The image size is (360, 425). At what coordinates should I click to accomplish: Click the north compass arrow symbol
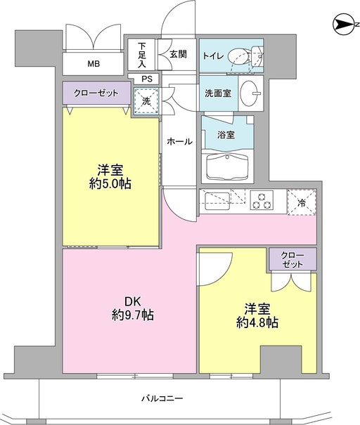click(342, 25)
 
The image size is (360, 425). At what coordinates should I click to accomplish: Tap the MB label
click(94, 64)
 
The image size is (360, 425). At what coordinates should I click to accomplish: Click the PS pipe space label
click(147, 79)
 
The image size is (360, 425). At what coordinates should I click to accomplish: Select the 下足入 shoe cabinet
click(141, 55)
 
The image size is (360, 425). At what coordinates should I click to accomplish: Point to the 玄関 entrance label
click(179, 54)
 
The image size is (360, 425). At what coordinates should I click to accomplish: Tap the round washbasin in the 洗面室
click(250, 93)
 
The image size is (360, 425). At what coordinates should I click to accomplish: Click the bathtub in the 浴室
click(227, 166)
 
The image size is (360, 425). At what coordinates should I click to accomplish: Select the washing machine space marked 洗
click(146, 101)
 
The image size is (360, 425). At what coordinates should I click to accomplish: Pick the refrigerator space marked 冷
click(302, 202)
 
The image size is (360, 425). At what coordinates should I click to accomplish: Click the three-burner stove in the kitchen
click(262, 201)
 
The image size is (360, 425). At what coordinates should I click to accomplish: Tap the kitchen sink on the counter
click(217, 201)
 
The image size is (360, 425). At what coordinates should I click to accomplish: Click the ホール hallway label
click(180, 141)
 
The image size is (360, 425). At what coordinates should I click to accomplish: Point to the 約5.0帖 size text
click(110, 184)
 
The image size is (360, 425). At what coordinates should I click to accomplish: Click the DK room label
click(132, 301)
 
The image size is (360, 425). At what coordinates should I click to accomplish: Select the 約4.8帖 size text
click(257, 322)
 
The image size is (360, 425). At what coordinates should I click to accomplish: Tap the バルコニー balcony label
click(162, 398)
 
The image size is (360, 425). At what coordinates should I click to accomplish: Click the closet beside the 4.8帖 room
click(293, 259)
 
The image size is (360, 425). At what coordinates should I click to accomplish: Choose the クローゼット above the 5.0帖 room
click(96, 93)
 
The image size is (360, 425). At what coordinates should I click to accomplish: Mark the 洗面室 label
click(219, 93)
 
